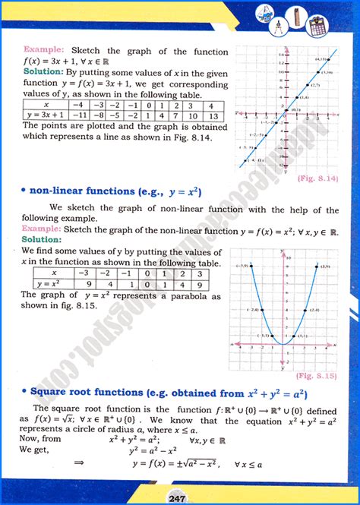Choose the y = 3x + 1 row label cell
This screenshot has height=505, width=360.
(46, 116)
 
